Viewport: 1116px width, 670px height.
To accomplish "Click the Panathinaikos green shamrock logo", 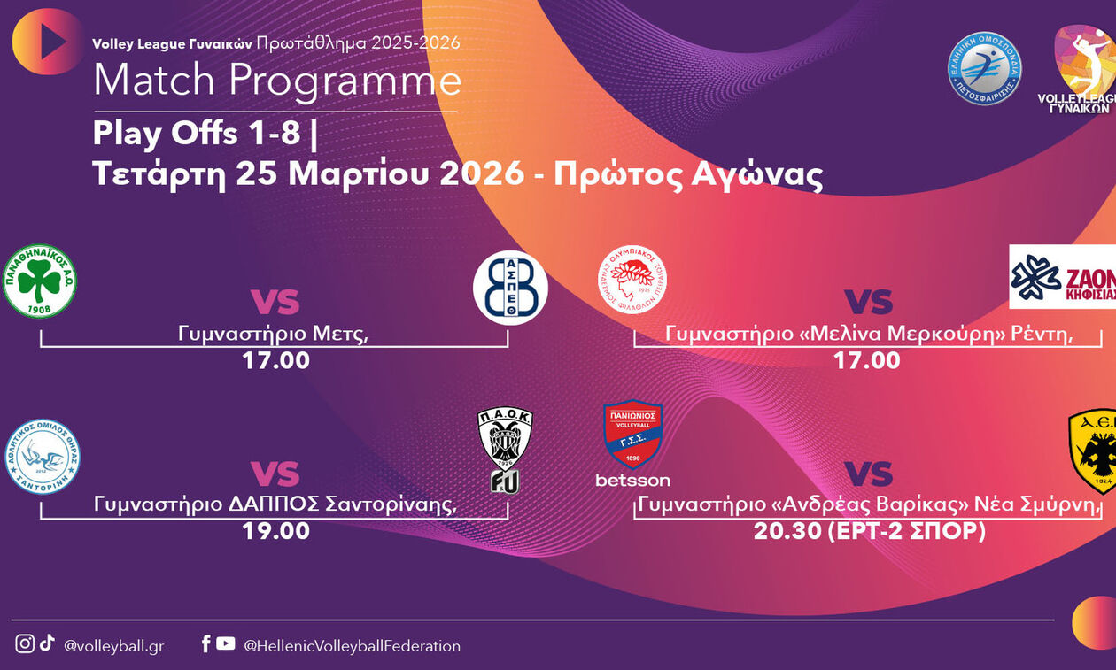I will (x=39, y=281).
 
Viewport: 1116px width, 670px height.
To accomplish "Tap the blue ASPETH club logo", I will (x=510, y=288).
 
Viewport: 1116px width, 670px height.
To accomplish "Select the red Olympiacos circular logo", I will (x=632, y=280).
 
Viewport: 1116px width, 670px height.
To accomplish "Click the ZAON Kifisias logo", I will (x=1063, y=277).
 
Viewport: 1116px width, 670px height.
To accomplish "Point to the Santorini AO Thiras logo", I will (x=43, y=456).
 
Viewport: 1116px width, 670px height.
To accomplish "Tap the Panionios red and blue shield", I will (x=632, y=434).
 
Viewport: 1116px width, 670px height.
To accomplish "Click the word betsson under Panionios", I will (x=632, y=481).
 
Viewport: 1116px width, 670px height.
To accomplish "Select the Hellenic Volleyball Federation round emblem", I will (x=985, y=69).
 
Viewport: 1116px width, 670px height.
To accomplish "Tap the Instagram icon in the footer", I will (x=25, y=643).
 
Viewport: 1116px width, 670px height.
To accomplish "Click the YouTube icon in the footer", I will (x=226, y=643).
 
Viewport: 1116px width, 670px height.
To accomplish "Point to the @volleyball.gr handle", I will (x=113, y=646).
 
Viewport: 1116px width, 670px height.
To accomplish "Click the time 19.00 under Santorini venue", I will (x=275, y=531).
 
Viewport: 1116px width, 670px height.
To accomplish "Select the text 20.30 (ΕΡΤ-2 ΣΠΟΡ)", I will (x=869, y=531).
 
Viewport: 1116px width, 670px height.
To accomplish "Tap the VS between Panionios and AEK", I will (x=868, y=474).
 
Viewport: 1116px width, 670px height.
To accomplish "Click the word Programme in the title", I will (x=345, y=81).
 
